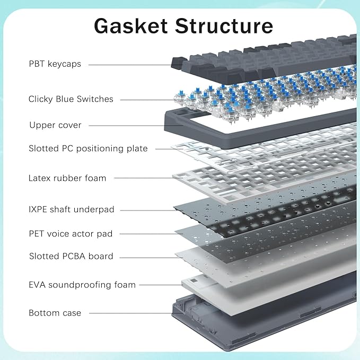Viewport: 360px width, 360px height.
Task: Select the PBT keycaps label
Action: point(55,64)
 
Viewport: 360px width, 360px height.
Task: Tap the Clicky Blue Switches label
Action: point(71,99)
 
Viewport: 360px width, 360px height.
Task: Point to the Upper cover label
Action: point(55,125)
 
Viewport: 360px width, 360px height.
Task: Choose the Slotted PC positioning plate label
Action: point(88,148)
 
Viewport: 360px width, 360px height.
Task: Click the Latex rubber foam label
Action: point(67,178)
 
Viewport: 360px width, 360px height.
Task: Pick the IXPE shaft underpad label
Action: point(72,209)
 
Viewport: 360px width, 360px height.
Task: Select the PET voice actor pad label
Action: point(71,233)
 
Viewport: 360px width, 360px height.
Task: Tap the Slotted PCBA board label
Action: point(71,256)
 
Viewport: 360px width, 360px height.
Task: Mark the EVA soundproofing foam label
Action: point(82,285)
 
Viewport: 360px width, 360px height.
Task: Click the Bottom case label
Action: point(55,313)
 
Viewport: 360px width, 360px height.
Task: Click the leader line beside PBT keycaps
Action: point(133,65)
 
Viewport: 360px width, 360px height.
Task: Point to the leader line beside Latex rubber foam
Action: point(143,178)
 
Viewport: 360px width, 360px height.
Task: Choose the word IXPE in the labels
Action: point(39,209)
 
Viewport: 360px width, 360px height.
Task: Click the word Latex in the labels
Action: point(40,178)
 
